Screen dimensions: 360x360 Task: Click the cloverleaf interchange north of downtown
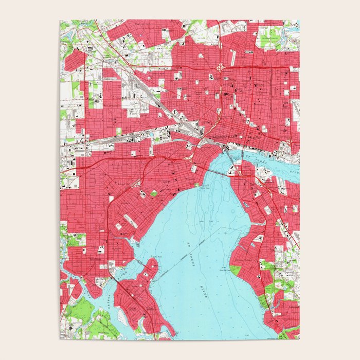[x=221, y=66]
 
